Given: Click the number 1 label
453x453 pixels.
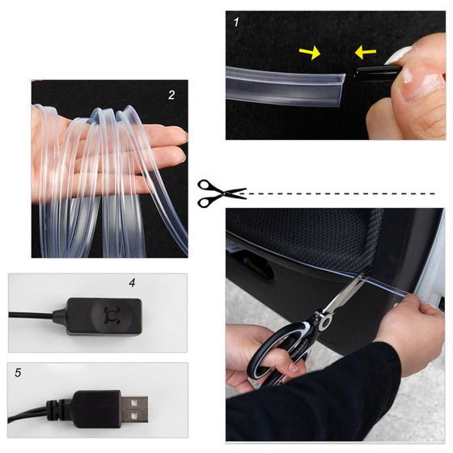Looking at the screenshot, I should [235, 23].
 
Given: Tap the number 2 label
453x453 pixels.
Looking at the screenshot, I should [171, 95].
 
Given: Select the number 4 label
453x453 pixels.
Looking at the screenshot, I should [131, 283].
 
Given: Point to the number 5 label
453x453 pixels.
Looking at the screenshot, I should [19, 374].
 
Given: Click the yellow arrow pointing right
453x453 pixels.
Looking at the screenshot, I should [310, 53].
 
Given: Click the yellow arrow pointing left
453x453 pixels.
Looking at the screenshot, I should [365, 53].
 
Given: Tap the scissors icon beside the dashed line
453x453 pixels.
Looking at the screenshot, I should [221, 193].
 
